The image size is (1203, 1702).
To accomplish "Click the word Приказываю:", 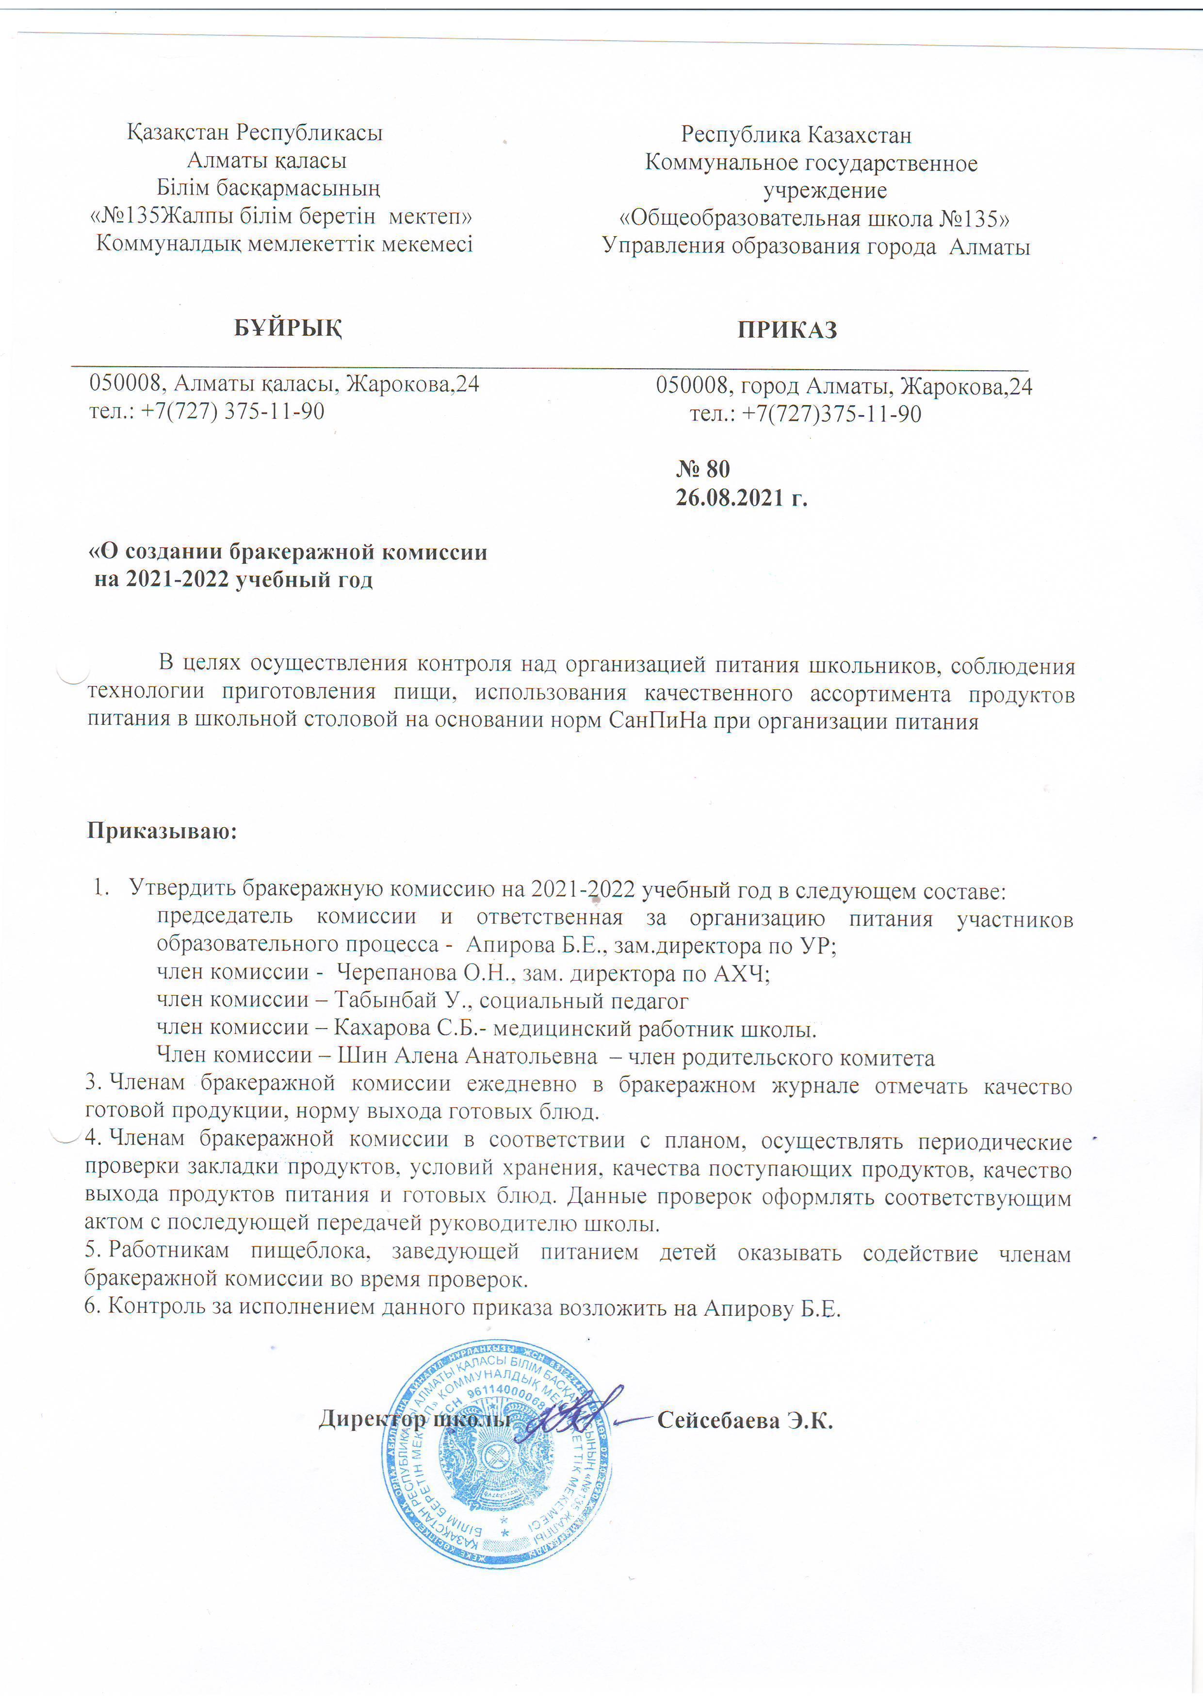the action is click(162, 830).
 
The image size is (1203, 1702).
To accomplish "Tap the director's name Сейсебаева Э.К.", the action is click(745, 1421).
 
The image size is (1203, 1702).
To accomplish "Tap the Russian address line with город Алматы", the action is click(844, 386).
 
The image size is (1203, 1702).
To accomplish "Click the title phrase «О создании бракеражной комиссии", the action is click(288, 552).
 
